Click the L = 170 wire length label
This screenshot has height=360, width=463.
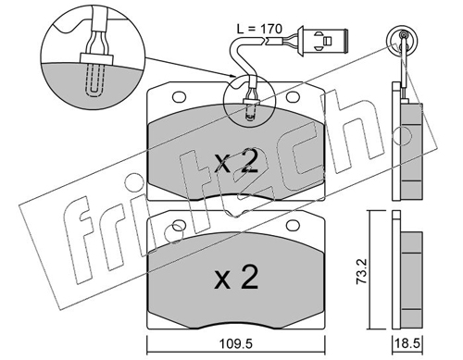coord(259,29)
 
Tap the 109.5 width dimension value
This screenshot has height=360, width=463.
coord(236,343)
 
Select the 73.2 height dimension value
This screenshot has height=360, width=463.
coord(361,271)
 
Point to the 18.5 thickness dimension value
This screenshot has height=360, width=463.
coord(407,343)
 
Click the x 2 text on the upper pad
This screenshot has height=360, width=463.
coord(236,160)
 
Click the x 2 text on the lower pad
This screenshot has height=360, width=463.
coord(236,277)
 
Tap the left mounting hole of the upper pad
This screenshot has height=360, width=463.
coord(179,97)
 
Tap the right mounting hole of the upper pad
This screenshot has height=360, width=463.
coord(293,97)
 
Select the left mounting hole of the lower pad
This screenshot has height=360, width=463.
coord(179,226)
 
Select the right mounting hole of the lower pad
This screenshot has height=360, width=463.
coord(293,226)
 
